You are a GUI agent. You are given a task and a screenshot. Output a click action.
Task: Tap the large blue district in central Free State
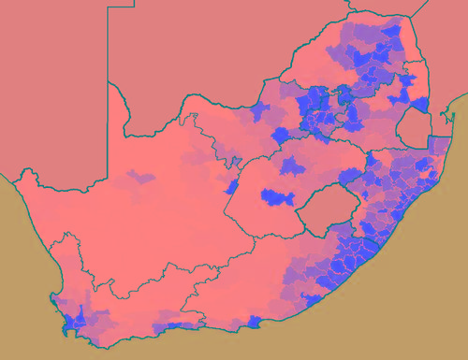(x=278, y=197)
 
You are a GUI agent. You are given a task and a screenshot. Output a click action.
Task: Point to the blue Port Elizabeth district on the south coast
(x=255, y=323)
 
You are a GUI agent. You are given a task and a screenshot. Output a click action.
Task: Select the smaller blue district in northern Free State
(x=291, y=165)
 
